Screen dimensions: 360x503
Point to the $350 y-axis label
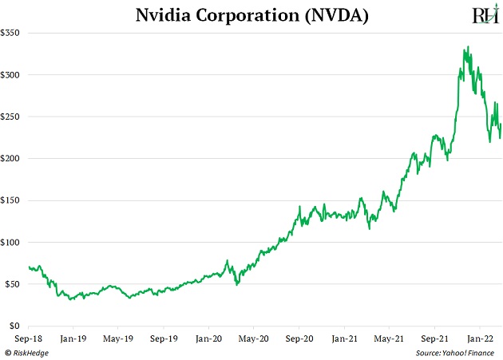(14, 34)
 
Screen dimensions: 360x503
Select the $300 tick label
(14, 75)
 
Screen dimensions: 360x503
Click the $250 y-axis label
(14, 117)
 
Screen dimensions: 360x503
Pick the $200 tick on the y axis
(14, 159)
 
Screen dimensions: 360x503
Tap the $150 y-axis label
(14, 200)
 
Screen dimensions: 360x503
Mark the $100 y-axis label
(14, 243)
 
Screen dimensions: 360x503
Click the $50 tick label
(16, 284)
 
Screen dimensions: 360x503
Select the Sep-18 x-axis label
(29, 338)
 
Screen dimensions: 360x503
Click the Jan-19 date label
(73, 338)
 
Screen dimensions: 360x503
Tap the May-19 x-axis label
(118, 338)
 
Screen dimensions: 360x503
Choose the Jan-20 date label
(208, 338)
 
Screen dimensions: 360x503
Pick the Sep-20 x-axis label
(299, 338)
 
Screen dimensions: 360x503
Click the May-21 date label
(389, 338)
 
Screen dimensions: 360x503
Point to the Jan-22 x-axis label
(479, 338)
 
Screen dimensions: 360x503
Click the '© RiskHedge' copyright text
(27, 352)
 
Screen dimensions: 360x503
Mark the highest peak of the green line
(467, 47)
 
